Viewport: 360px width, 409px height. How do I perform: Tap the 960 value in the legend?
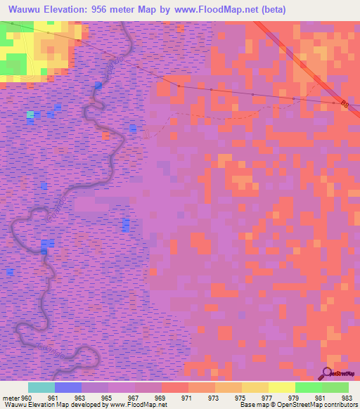tap(27, 397)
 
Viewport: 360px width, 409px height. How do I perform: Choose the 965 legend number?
tap(108, 397)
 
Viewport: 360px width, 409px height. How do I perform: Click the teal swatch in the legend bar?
tap(41, 387)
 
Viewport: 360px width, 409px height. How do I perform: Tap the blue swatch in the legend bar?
tap(67, 387)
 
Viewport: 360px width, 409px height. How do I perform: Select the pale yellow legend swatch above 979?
tap(281, 387)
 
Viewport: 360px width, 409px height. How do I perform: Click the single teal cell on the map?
tap(30, 114)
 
